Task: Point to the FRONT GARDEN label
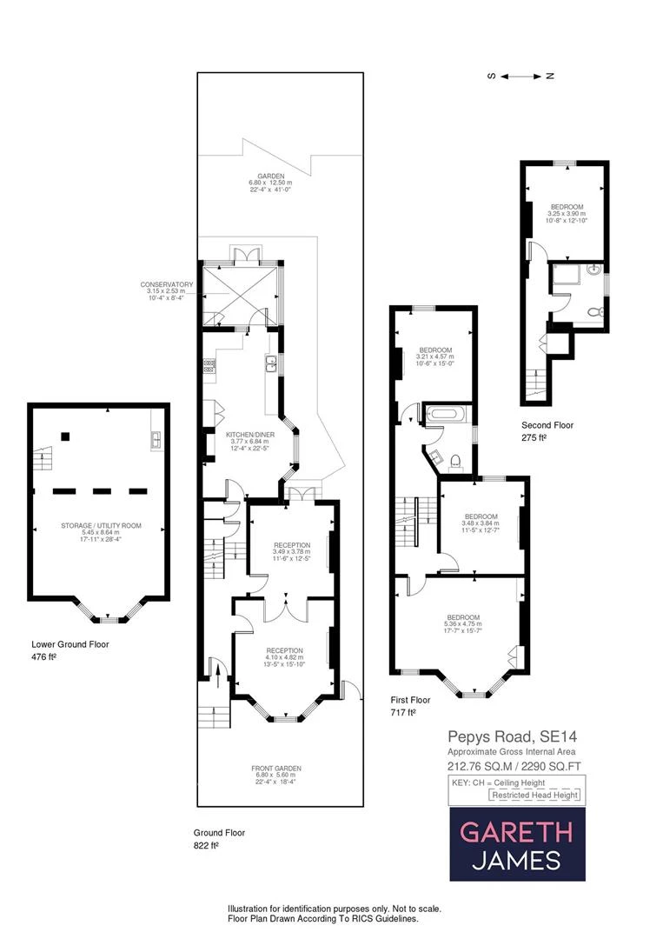pyautogui.click(x=277, y=769)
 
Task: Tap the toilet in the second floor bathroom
pyautogui.click(x=594, y=311)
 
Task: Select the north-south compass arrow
pyautogui.click(x=520, y=77)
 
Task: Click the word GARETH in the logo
pyautogui.click(x=516, y=832)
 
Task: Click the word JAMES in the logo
pyautogui.click(x=516, y=861)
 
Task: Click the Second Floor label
pyautogui.click(x=547, y=425)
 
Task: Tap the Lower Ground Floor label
pyautogui.click(x=70, y=644)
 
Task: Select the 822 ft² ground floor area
pyautogui.click(x=205, y=844)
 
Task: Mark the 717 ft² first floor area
pyautogui.click(x=402, y=712)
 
